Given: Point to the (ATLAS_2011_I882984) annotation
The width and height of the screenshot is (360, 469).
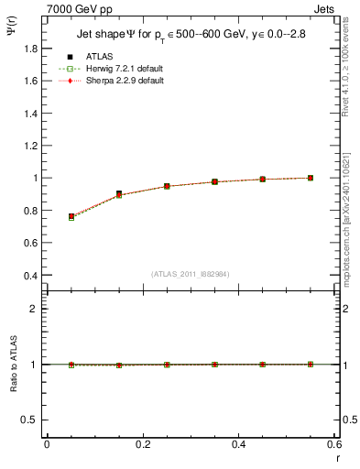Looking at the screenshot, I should tap(190, 273).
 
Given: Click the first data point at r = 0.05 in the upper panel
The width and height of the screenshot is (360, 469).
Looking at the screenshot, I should tap(71, 216).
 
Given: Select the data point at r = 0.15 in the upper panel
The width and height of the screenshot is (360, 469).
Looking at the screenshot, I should tap(119, 194).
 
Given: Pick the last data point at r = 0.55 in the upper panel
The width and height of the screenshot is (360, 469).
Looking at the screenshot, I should tap(310, 178).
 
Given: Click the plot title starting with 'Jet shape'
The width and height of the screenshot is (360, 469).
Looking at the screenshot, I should tap(191, 35).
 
